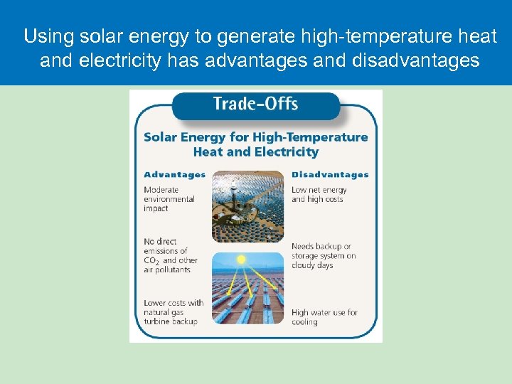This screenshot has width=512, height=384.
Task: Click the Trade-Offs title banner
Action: tap(255, 104)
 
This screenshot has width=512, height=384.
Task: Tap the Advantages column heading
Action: tap(174, 174)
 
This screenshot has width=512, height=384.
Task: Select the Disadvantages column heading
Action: tap(330, 174)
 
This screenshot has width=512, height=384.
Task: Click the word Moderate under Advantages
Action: tap(161, 190)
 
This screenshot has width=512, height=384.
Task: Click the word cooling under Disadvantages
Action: tap(304, 321)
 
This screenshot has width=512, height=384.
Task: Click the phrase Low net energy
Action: tap(319, 190)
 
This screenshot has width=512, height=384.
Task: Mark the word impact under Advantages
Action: tap(156, 208)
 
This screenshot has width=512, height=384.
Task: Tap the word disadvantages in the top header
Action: tap(415, 60)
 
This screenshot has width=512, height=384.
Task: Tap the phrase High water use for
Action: tap(324, 312)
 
